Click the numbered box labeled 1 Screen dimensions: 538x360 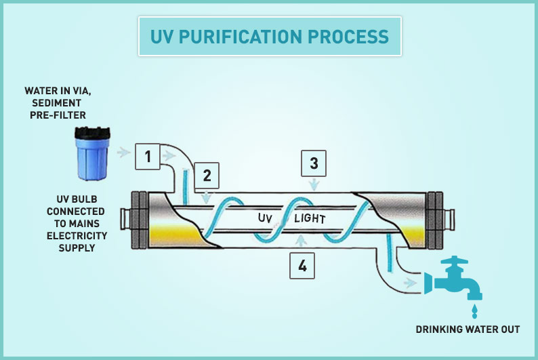[x=148, y=157]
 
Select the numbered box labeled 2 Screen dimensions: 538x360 [x=207, y=176]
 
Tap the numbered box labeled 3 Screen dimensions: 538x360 [x=314, y=163]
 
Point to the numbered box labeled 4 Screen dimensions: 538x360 [x=302, y=266]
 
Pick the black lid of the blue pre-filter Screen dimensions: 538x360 [x=93, y=133]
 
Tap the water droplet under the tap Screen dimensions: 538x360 [x=474, y=311]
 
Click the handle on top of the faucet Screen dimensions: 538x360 [x=454, y=260]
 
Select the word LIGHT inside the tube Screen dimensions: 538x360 [x=310, y=218]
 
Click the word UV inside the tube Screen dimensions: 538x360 [x=265, y=218]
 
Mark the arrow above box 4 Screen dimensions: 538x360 [x=301, y=241]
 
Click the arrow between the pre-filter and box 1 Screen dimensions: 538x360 [x=124, y=152]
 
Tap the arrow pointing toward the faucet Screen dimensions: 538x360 [x=410, y=283]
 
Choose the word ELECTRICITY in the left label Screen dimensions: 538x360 [x=77, y=236]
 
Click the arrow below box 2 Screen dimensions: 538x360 [x=206, y=197]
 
